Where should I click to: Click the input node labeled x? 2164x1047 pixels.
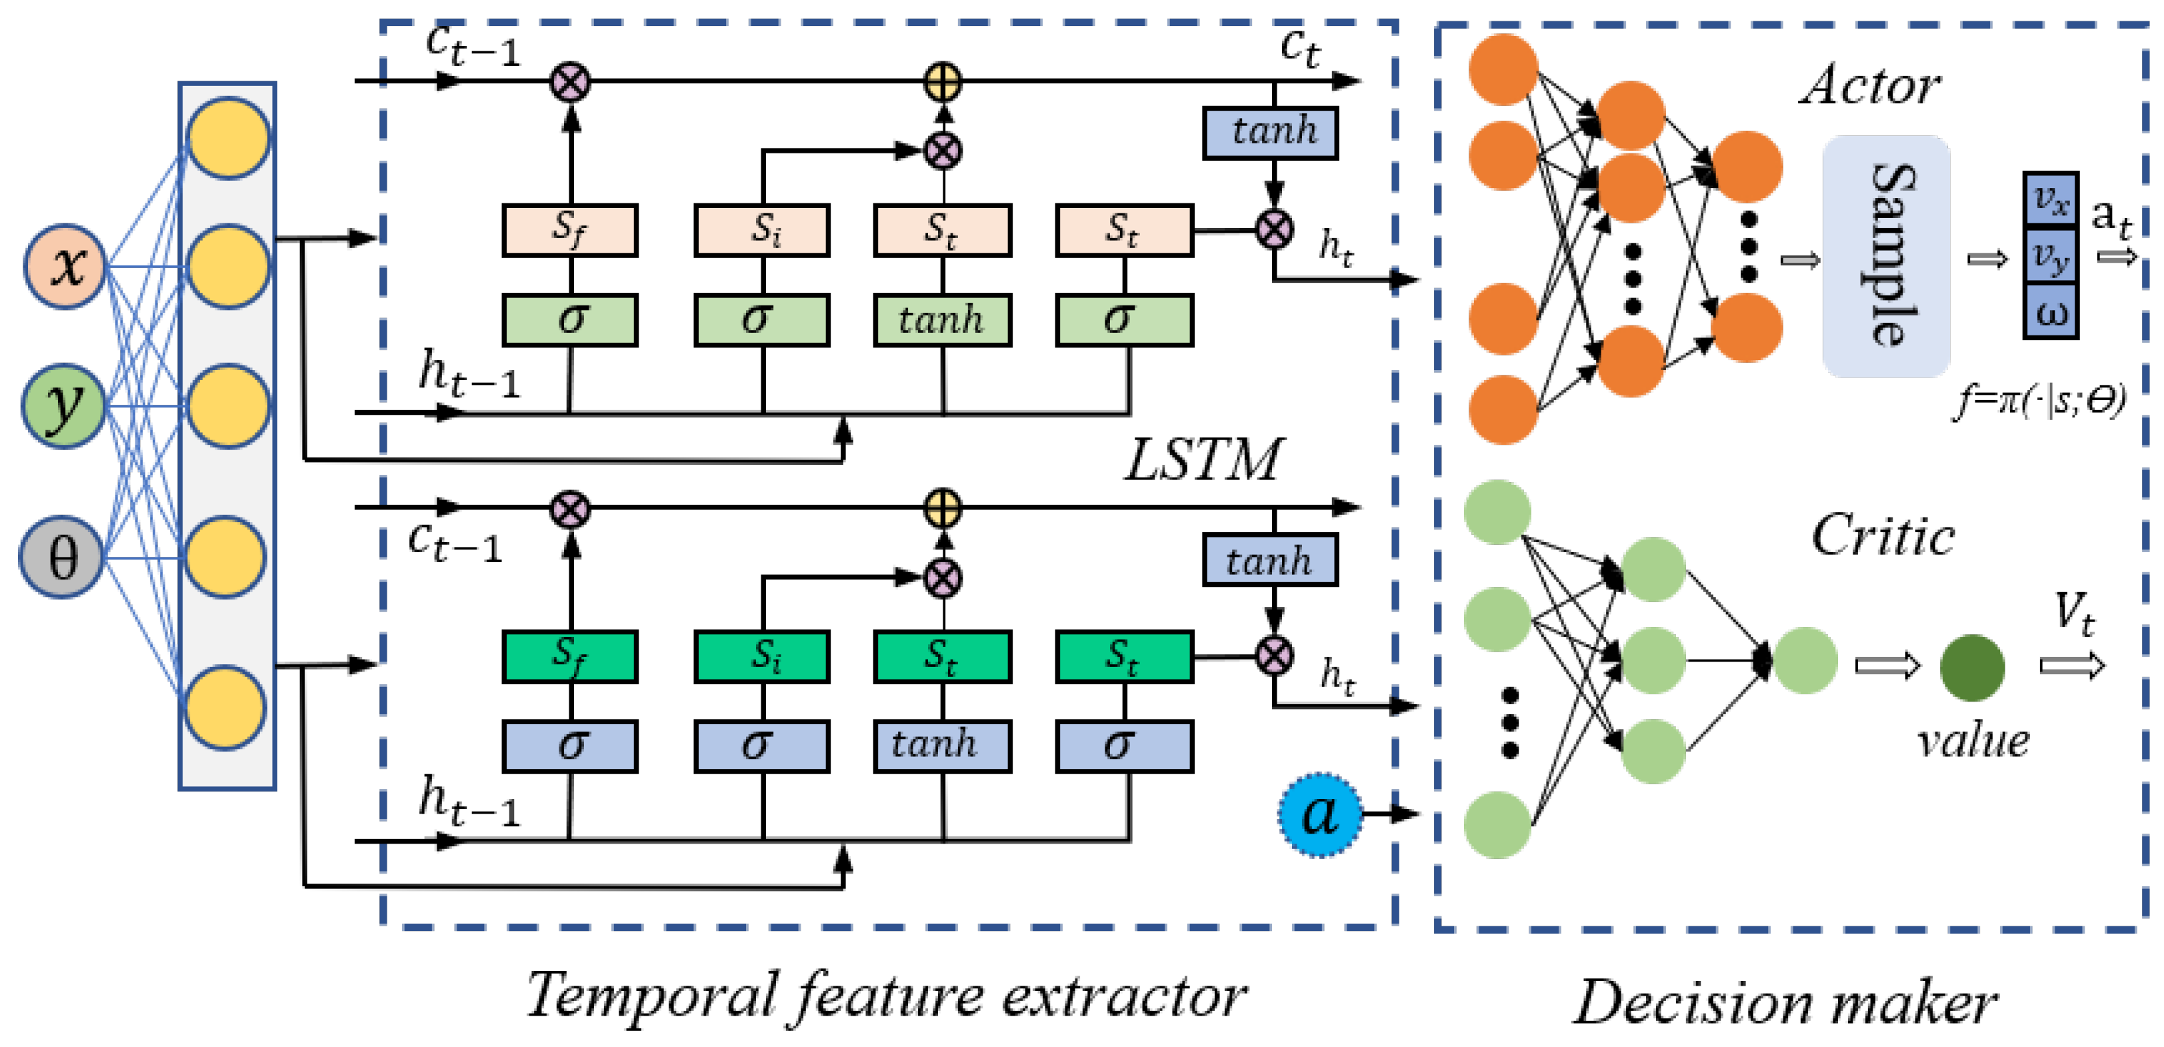coord(65,266)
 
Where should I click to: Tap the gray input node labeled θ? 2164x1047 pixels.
coord(61,557)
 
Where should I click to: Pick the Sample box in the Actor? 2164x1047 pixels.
coord(1886,256)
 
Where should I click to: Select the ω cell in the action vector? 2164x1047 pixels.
coord(2051,311)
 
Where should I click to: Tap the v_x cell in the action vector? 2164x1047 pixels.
coord(2051,199)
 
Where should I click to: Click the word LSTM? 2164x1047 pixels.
coord(1203,459)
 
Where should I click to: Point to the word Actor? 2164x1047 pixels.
coord(1870,86)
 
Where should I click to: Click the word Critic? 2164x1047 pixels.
coord(1883,536)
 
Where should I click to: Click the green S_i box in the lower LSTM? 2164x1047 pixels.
coord(762,656)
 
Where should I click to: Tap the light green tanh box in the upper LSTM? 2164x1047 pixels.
coord(942,320)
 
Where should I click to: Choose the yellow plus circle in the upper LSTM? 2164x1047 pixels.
coord(943,82)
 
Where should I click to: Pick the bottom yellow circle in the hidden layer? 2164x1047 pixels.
coord(226,708)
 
